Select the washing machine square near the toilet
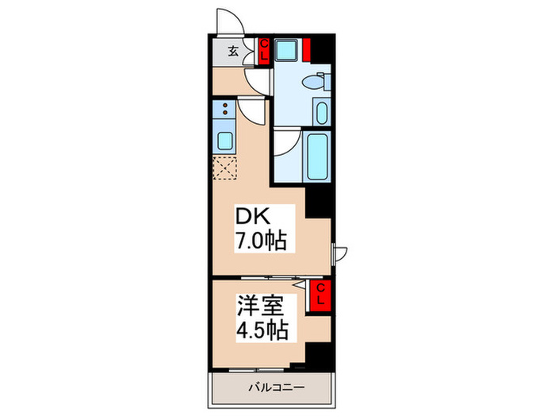tap(285, 51)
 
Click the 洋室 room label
tap(258, 304)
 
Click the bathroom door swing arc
tap(287, 143)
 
